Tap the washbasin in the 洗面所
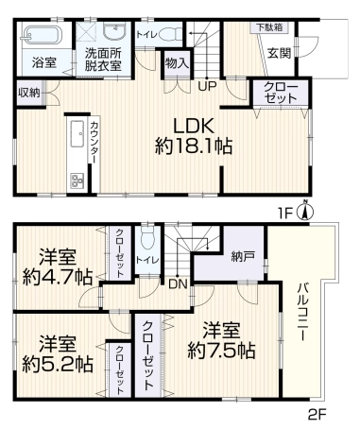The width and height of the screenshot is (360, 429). pos(115,31)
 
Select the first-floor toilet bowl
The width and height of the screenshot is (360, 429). pos(171,34)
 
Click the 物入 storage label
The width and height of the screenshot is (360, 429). pos(178,64)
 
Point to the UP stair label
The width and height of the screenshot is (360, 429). pos(207,85)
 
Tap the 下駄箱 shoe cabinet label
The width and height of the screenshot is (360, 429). pos(269,27)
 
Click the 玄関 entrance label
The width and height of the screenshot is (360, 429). pos(279,53)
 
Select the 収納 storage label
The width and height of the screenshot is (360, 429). pos(29,93)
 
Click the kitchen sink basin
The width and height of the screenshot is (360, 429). pos(77,134)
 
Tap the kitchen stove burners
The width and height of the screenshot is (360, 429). pos(77,180)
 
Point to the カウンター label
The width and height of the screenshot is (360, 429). pos(94,143)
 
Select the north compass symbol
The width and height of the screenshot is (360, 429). pos(305,212)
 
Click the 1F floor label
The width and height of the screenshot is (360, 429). pos(286,214)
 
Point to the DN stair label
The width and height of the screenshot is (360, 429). pos(178,284)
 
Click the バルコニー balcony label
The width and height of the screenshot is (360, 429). pos(302,312)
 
